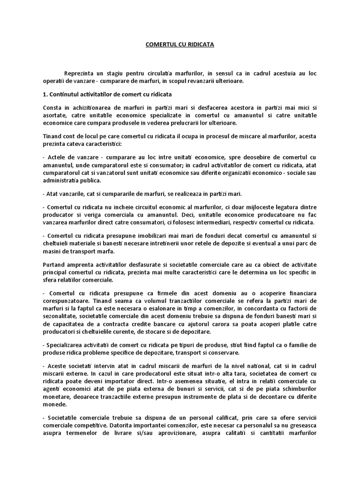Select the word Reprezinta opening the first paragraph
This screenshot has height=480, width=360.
click(81, 74)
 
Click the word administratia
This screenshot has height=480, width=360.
click(62, 180)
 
